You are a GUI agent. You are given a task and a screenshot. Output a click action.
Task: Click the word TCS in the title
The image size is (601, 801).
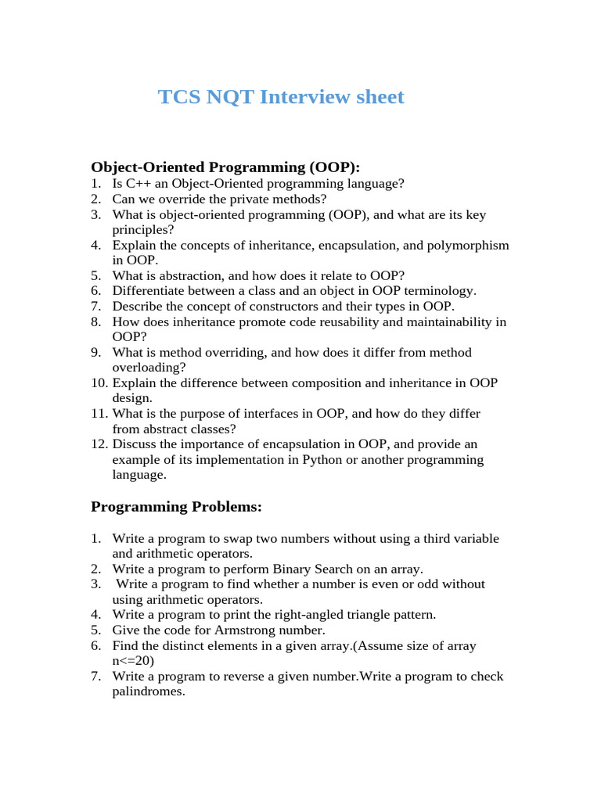[178, 97]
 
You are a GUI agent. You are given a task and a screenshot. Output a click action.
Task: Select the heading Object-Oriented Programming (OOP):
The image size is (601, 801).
[225, 167]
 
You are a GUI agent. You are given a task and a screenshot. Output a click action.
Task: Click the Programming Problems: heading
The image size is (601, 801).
[176, 507]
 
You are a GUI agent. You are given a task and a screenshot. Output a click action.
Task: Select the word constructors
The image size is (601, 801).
[289, 307]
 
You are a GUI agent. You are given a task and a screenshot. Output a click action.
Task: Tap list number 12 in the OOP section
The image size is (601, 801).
[98, 444]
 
